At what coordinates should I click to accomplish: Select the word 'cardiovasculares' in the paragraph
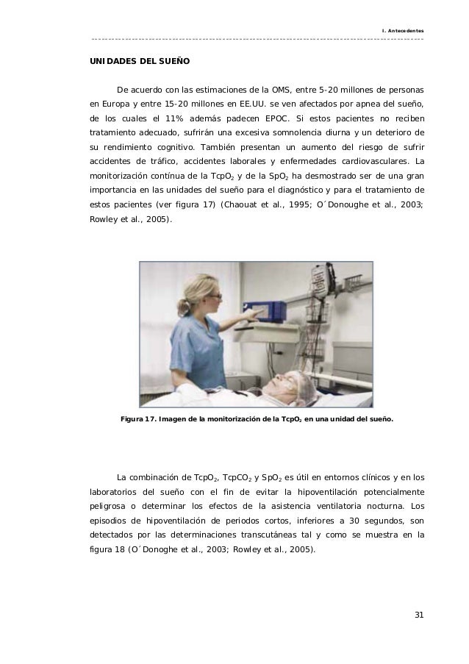(x=374, y=161)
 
